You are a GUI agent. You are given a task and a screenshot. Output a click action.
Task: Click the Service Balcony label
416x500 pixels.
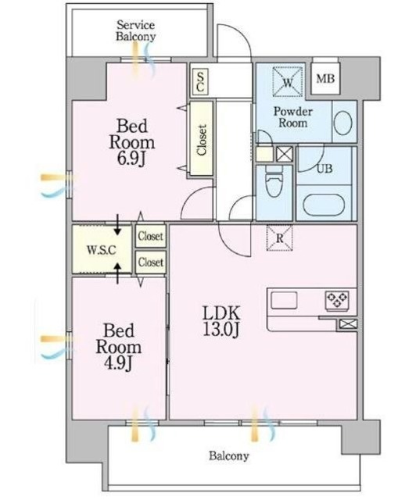pyautogui.click(x=136, y=30)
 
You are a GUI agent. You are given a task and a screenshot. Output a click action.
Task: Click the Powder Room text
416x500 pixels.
pyautogui.click(x=292, y=117)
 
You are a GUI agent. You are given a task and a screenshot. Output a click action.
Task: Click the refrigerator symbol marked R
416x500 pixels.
pyautogui.click(x=279, y=237)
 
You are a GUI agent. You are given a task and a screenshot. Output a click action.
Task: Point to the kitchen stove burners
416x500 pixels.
pyautogui.click(x=337, y=299)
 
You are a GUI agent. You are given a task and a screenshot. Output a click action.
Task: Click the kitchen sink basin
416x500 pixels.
pyautogui.click(x=285, y=299)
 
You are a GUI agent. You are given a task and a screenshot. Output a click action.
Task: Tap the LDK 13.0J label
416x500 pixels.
pyautogui.click(x=218, y=319)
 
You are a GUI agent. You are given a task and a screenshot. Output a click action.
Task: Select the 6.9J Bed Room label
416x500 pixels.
pyautogui.click(x=131, y=138)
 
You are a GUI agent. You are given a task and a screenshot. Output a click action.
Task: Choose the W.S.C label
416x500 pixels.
pyautogui.click(x=102, y=251)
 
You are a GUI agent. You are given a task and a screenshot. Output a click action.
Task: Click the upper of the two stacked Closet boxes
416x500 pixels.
pyautogui.click(x=150, y=235)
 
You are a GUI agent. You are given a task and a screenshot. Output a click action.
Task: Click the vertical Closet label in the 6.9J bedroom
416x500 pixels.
pyautogui.click(x=202, y=141)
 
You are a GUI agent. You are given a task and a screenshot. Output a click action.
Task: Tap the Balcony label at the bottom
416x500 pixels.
pyautogui.click(x=228, y=456)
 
